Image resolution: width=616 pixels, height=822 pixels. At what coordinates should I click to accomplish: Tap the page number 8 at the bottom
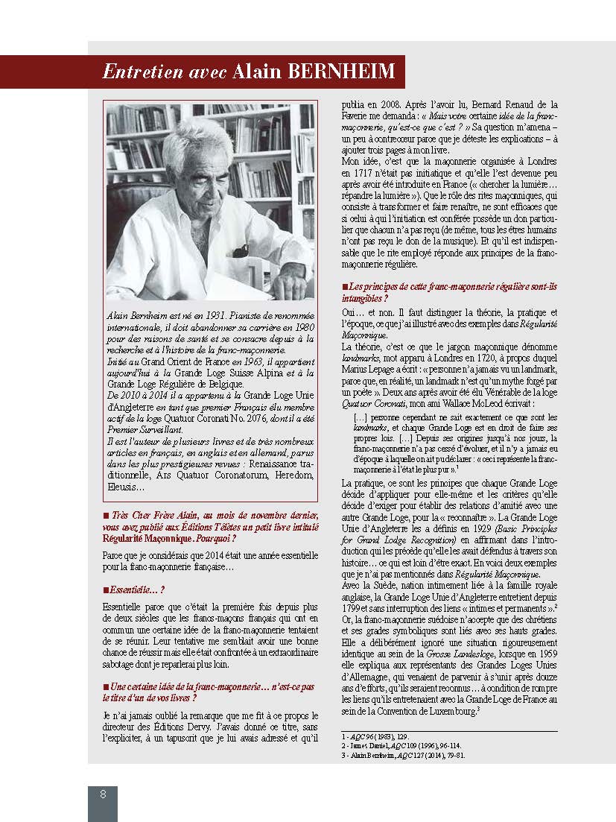point(103,794)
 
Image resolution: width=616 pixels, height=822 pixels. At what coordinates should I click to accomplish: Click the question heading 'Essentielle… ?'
point(133,589)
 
